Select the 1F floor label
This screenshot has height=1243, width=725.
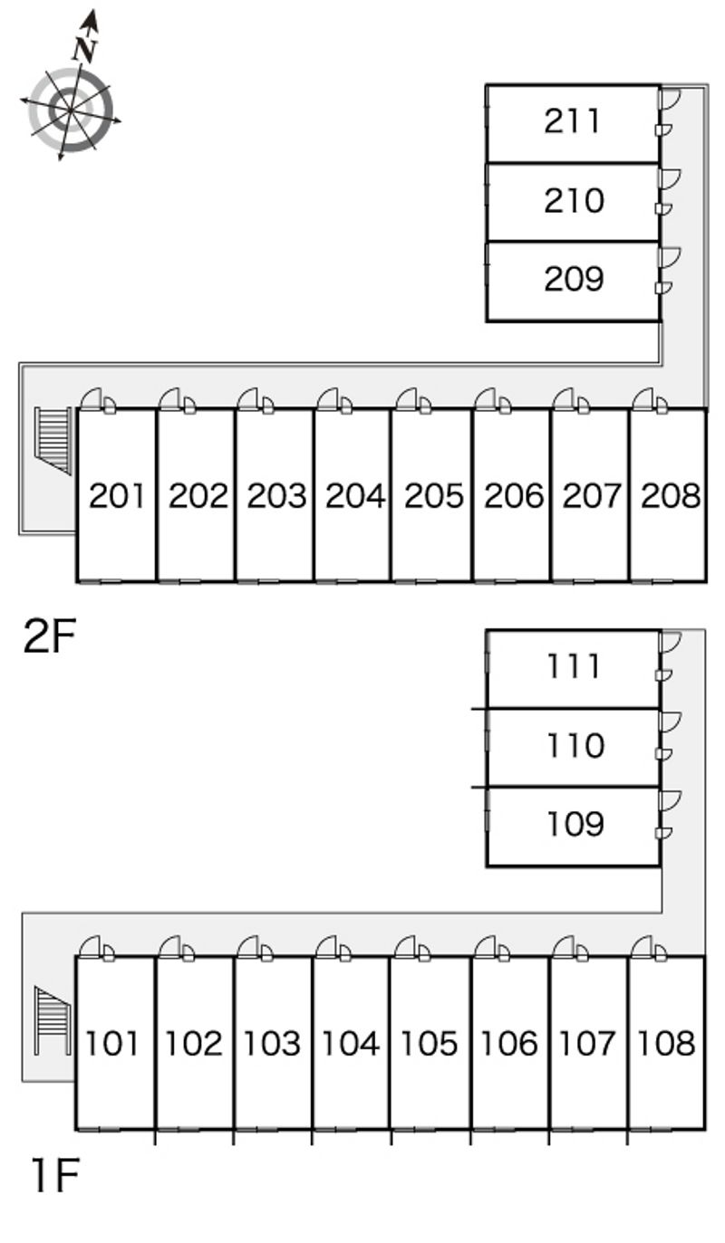pyautogui.click(x=54, y=1176)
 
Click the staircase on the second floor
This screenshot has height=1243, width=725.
pyautogui.click(x=54, y=440)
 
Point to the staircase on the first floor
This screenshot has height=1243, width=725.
pyautogui.click(x=53, y=1020)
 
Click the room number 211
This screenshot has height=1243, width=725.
pyautogui.click(x=573, y=121)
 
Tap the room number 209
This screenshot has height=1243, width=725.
pyautogui.click(x=573, y=279)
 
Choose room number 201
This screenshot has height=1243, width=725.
pyautogui.click(x=117, y=496)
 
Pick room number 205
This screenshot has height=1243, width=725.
pyautogui.click(x=433, y=496)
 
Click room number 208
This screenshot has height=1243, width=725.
pyautogui.click(x=670, y=496)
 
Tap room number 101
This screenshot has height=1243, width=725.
pyautogui.click(x=114, y=1044)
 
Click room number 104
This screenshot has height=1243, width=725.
pyautogui.click(x=351, y=1044)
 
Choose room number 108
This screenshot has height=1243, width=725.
pyautogui.click(x=666, y=1044)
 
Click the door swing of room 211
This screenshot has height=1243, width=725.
pyautogui.click(x=670, y=99)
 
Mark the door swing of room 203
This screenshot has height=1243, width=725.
pyautogui.click(x=248, y=398)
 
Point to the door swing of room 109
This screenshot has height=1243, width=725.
pyautogui.click(x=670, y=800)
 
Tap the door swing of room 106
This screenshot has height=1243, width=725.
pyautogui.click(x=485, y=946)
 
